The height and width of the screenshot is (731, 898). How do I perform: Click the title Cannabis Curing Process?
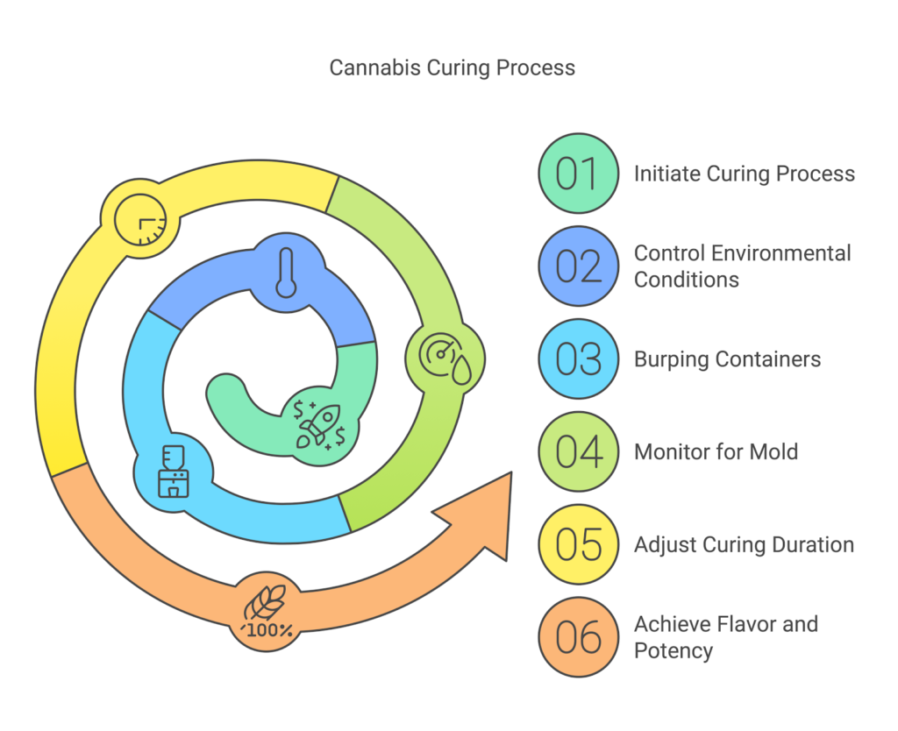(x=452, y=67)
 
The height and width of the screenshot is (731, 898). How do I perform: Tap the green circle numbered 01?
(x=577, y=174)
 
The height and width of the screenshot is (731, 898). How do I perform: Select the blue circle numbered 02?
(x=577, y=266)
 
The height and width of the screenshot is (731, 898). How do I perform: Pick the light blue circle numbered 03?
(x=577, y=359)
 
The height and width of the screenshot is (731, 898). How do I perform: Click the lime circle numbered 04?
(x=577, y=452)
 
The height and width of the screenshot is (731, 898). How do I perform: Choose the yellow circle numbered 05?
(x=577, y=544)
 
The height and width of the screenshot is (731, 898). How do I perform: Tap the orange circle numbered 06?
(x=577, y=637)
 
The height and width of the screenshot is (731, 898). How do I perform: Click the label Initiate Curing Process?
(x=744, y=174)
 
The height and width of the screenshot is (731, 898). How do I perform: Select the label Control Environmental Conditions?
(x=742, y=266)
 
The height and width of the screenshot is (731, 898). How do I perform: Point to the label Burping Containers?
(x=727, y=359)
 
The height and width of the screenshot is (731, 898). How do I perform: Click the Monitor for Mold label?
(x=716, y=452)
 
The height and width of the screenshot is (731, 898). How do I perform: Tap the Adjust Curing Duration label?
(x=744, y=544)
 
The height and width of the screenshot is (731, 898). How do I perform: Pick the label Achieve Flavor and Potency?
(x=725, y=637)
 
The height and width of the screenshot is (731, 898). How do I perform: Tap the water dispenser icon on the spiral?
(x=173, y=470)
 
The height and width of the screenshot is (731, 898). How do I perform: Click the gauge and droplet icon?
(x=445, y=358)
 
